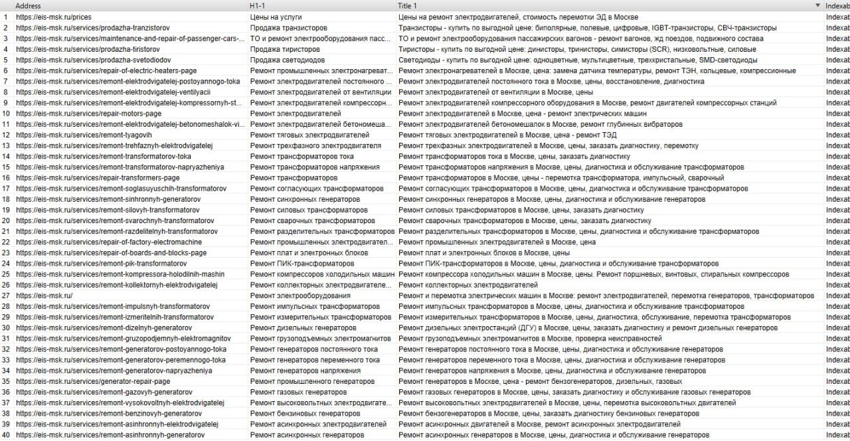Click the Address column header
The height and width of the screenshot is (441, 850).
(x=28, y=5)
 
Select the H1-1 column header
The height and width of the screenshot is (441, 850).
(x=258, y=5)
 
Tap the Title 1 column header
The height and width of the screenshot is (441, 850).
(x=408, y=5)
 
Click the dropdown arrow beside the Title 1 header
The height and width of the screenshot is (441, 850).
(x=817, y=5)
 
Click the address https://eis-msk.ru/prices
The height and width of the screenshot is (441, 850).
(x=54, y=17)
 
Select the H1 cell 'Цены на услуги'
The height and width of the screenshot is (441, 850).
(x=276, y=17)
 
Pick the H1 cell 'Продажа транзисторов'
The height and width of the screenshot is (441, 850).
(x=288, y=28)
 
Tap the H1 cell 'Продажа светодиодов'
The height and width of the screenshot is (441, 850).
(x=287, y=60)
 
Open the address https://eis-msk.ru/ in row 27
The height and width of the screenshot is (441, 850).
(x=44, y=296)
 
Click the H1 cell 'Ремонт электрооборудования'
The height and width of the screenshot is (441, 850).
(x=300, y=296)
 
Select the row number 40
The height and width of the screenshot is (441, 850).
(x=6, y=435)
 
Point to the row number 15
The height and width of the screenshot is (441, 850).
(x=6, y=167)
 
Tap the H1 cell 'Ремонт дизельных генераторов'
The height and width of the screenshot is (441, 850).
(x=301, y=327)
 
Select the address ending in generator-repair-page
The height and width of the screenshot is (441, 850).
(x=93, y=381)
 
